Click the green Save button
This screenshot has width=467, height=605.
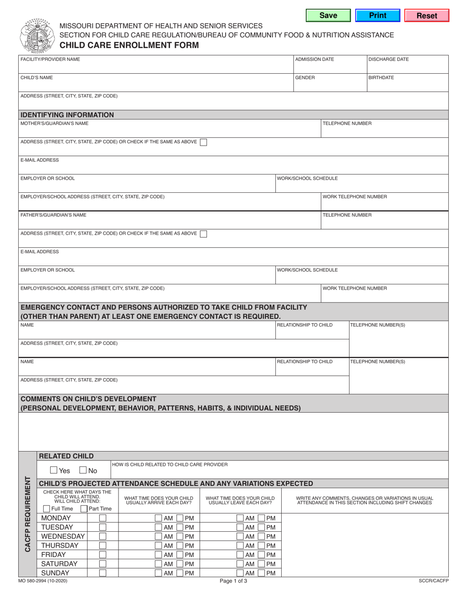point(328,16)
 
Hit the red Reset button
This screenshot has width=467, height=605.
point(426,16)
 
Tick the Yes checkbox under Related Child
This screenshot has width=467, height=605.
point(54,470)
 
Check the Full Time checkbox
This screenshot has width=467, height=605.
point(47,509)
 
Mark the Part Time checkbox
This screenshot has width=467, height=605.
point(84,509)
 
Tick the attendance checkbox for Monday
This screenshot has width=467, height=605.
point(102,518)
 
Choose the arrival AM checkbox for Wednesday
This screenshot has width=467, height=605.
point(158,536)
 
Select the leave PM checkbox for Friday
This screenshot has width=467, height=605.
point(261,554)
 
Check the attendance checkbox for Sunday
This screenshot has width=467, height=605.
point(102,573)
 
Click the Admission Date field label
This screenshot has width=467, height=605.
point(314,60)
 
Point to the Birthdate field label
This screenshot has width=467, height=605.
point(381,78)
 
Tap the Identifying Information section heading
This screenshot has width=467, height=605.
point(67,115)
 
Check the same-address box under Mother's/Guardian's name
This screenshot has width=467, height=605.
point(203,142)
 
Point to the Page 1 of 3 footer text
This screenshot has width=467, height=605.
point(233,580)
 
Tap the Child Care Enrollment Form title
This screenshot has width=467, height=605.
point(129,45)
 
